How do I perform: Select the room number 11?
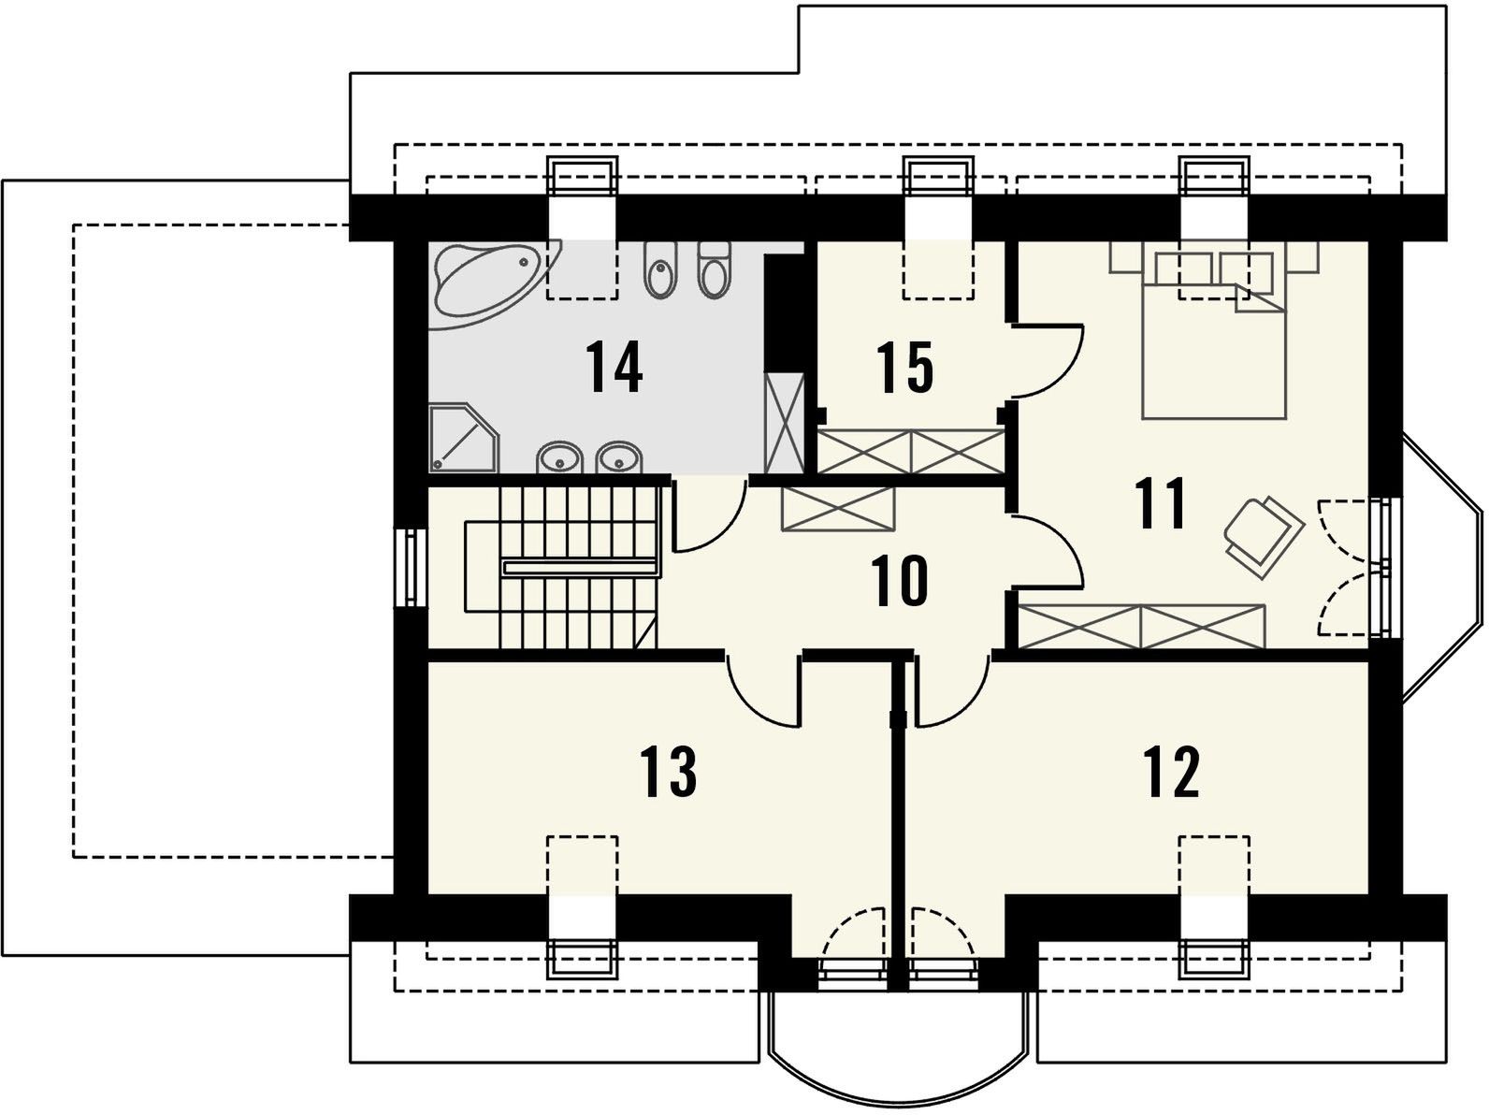click(x=1163, y=502)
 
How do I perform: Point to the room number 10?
click(x=900, y=581)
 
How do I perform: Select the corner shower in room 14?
click(x=464, y=438)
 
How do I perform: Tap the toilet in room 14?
click(x=714, y=270)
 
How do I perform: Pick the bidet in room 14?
click(x=661, y=270)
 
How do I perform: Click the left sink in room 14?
click(x=559, y=457)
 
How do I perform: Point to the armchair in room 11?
click(x=1265, y=537)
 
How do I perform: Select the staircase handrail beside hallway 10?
click(x=580, y=567)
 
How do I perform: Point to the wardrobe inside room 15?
click(x=910, y=451)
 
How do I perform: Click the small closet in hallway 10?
click(x=838, y=509)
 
